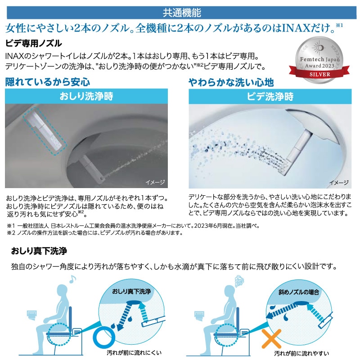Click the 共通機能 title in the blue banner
pos(182,13)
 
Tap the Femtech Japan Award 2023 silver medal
pos(319,60)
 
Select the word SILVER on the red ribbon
pos(320,74)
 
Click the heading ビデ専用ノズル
pos(33,43)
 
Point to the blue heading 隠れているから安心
pos(48,82)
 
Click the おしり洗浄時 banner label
pos(86,96)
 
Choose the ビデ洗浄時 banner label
pos(270,96)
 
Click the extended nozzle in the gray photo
pos(91,169)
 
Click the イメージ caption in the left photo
pos(155,182)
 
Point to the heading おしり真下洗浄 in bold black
pos(39,251)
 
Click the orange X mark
pos(271,339)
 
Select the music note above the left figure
pos(72,279)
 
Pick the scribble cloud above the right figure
pos(239,281)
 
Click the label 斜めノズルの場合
pos(299,292)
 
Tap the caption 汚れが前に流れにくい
pos(134,353)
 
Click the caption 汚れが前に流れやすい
pos(301,353)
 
